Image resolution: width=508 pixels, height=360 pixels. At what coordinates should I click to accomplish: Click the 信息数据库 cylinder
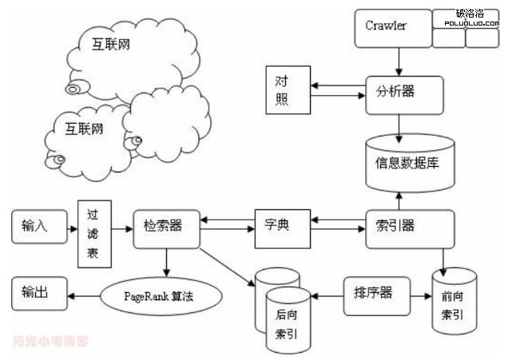(408, 163)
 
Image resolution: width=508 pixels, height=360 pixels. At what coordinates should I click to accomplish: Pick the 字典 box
(282, 225)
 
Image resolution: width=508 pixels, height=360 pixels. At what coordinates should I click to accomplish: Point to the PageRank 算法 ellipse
(158, 296)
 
